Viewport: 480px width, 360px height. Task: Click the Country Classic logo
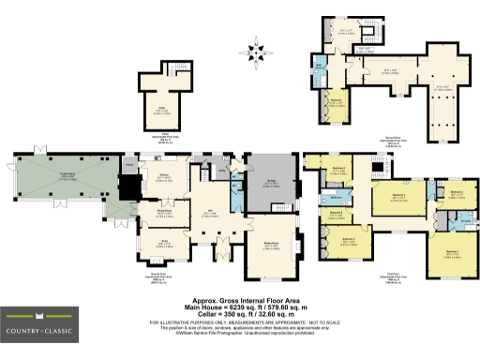(x=43, y=329)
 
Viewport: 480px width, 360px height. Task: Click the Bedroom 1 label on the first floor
(x=451, y=251)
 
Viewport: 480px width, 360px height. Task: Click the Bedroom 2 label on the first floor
(x=456, y=192)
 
